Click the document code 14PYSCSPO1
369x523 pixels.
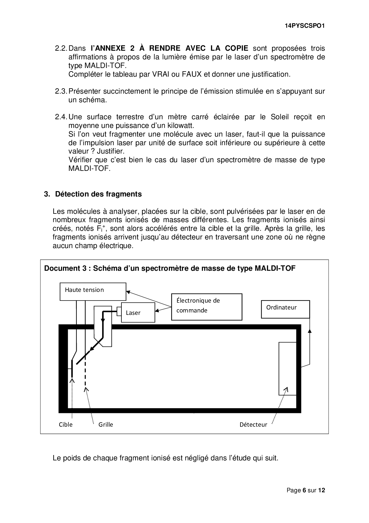(304, 26)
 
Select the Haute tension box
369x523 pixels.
(93, 291)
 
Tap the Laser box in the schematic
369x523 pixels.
(138, 312)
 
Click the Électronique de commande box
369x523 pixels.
(207, 307)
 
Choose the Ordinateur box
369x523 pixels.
(285, 309)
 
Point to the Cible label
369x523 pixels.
(65, 424)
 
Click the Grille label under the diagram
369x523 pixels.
(106, 424)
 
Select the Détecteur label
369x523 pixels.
(253, 424)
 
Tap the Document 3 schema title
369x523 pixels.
(170, 268)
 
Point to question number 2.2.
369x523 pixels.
(61, 48)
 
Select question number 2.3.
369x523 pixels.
(61, 91)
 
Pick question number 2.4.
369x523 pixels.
(61, 117)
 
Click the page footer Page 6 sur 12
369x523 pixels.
(306, 490)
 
